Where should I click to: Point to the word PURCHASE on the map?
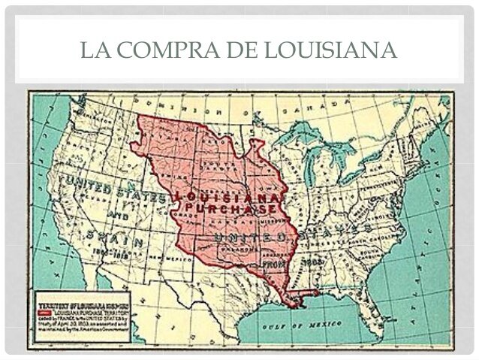coord(230,207)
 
